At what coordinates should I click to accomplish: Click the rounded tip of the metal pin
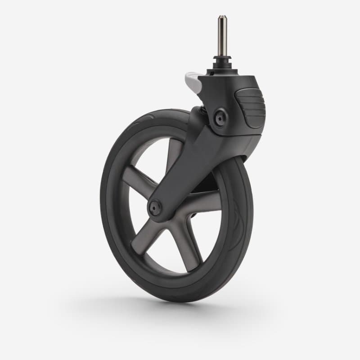(222, 18)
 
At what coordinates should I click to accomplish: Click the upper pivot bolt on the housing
(220, 118)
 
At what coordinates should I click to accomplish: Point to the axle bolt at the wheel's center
(156, 207)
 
